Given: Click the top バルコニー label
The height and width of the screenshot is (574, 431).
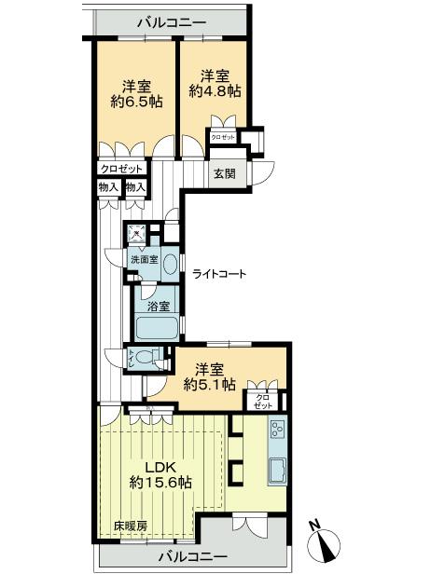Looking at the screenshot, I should (x=173, y=20).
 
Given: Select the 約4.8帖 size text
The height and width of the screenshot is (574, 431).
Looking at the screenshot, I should (x=215, y=91).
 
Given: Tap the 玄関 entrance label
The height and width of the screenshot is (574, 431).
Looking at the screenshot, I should (x=224, y=174).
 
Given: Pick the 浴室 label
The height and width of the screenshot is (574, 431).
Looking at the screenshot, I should (x=156, y=305).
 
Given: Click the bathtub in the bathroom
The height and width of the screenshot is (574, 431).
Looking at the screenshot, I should (x=157, y=328).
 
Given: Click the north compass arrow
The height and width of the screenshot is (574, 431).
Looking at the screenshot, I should (x=329, y=542).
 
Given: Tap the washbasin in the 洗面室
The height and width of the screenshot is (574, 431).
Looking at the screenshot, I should (x=169, y=263).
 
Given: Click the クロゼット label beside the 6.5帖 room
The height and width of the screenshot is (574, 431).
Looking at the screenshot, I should (x=122, y=169).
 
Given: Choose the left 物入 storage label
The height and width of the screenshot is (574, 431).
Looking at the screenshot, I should (x=108, y=187).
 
